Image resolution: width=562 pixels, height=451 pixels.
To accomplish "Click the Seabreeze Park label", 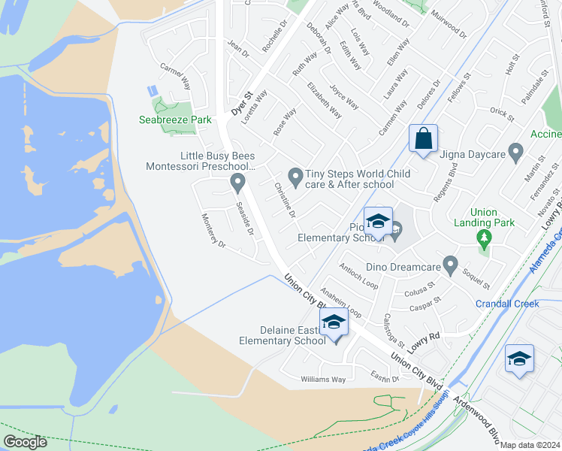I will click(x=175, y=120).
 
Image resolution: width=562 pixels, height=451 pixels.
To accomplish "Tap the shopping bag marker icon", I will click(x=423, y=139).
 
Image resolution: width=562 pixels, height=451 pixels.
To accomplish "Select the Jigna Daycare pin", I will click(x=515, y=153).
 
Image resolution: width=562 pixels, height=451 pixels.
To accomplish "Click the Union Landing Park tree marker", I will click(x=484, y=240).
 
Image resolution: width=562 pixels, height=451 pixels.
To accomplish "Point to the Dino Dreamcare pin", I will click(x=450, y=265).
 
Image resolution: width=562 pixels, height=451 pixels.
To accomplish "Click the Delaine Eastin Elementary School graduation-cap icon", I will click(x=333, y=322).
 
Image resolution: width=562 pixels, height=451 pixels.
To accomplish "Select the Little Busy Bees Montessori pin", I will click(x=237, y=182).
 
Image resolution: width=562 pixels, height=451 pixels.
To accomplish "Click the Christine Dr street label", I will click(x=285, y=200).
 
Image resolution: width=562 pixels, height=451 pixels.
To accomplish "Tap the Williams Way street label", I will click(x=323, y=380).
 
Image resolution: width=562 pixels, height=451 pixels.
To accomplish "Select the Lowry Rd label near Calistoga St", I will click(x=423, y=342).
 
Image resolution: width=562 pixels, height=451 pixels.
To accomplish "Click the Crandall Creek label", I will click(x=507, y=304).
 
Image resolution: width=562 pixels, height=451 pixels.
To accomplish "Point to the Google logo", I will click(x=25, y=442).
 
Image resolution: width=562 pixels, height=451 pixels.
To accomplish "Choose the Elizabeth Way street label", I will click(x=324, y=101).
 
